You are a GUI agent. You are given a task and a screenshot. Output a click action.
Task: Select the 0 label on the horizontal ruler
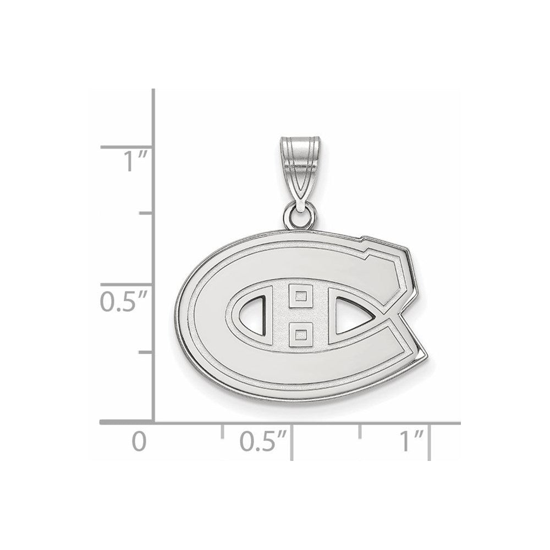(140, 442)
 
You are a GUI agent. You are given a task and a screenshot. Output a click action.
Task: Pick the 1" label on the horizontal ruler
(411, 442)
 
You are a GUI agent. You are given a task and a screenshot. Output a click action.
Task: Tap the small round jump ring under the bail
(302, 216)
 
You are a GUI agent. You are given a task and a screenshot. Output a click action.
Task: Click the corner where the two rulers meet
(153, 422)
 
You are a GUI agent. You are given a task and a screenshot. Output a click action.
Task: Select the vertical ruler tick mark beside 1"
(127, 147)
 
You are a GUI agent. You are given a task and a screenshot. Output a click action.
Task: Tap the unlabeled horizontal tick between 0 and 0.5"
(222, 431)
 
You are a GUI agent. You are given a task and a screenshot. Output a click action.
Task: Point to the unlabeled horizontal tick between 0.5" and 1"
(360, 431)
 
